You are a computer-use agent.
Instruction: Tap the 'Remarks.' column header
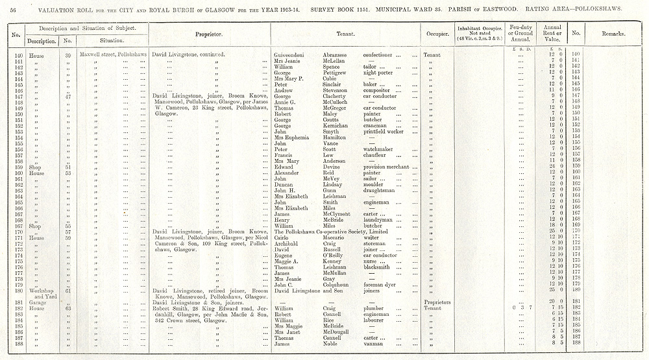613,33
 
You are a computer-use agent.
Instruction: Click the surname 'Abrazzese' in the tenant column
337,54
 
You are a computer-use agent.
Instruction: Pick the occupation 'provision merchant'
390,167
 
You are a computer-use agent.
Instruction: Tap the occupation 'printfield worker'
384,132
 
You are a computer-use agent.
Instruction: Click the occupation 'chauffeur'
376,156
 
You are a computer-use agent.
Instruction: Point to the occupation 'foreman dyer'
380,285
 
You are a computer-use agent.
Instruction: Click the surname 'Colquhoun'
339,285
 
